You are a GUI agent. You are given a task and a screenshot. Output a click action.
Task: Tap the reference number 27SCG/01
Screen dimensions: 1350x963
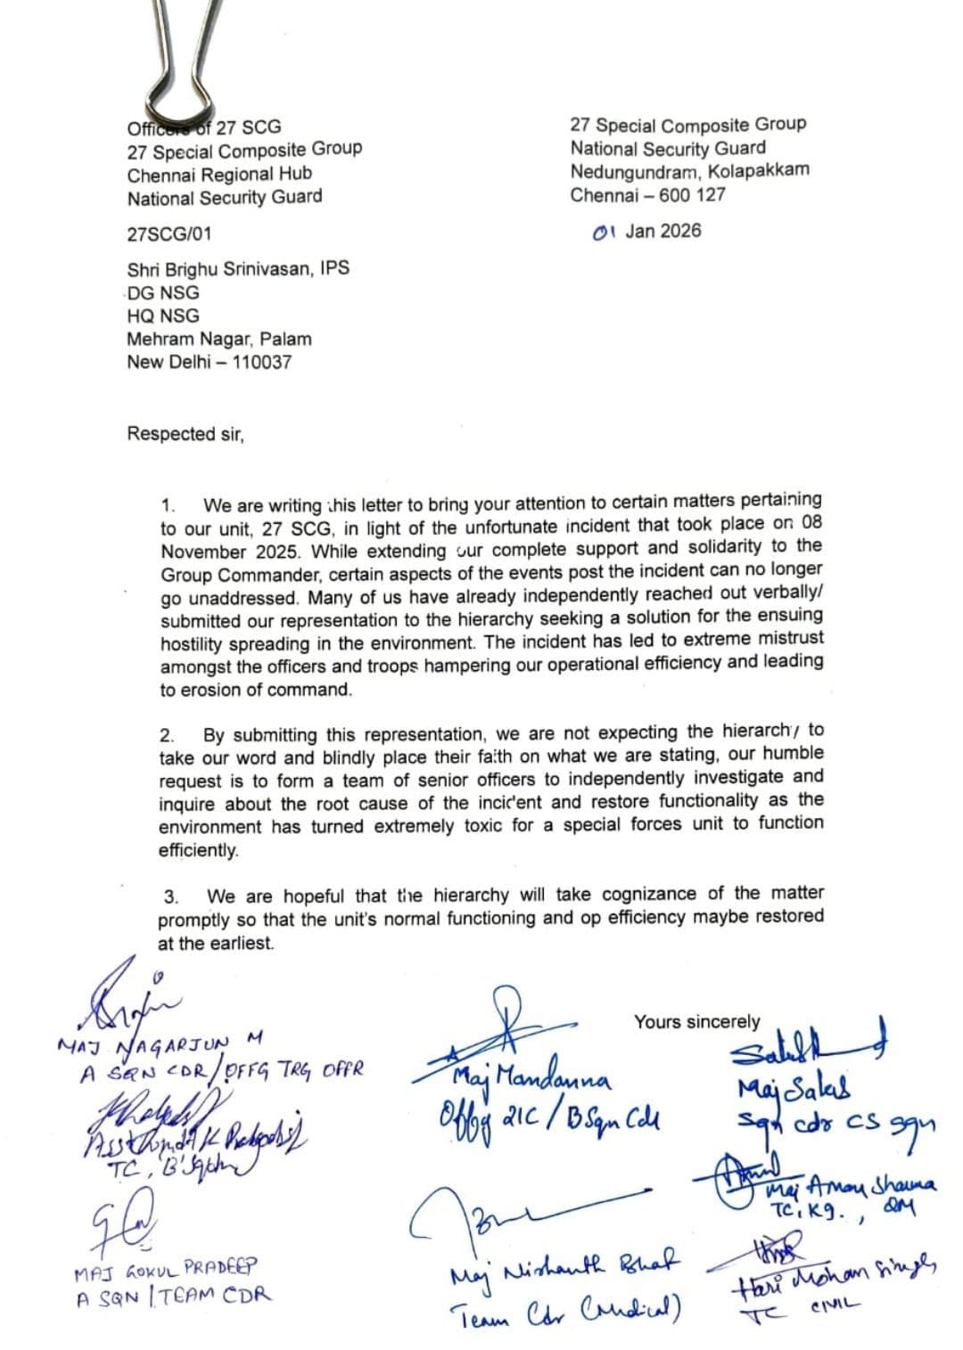click(169, 234)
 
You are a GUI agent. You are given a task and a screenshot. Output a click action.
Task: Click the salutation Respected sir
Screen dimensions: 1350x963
click(185, 434)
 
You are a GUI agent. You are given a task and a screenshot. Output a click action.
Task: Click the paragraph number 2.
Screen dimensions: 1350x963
click(166, 736)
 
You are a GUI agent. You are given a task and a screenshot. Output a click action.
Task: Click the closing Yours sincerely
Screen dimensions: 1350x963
click(696, 1022)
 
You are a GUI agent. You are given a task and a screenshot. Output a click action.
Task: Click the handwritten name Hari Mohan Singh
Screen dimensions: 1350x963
click(834, 1283)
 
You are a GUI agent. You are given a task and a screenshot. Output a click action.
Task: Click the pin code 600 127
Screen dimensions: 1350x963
click(692, 194)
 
